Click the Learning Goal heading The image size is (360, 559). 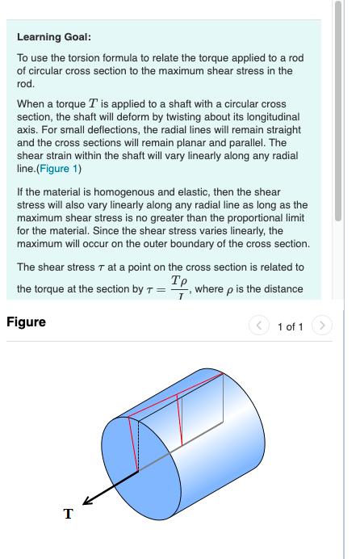[53, 37]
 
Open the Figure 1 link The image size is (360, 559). [59, 168]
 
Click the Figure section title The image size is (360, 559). [26, 322]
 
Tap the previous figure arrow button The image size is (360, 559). [258, 326]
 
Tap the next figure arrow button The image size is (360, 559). [321, 326]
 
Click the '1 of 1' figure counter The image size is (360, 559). [290, 327]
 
